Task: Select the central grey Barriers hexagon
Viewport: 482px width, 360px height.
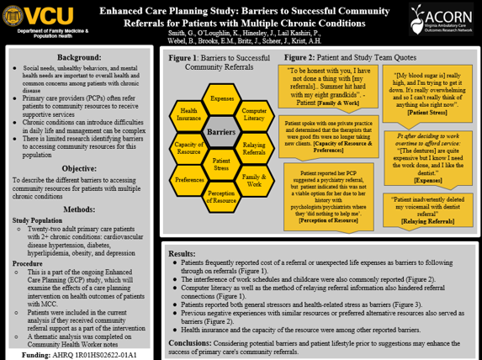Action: click(221, 133)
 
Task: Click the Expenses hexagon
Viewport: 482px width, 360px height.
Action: click(222, 99)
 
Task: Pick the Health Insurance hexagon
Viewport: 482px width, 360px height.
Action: click(189, 115)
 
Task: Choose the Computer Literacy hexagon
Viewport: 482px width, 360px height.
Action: click(254, 115)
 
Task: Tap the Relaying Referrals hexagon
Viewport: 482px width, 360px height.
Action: click(254, 148)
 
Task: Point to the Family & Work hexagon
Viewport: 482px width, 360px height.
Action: click(254, 181)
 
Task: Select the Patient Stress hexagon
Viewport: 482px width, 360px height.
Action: click(222, 165)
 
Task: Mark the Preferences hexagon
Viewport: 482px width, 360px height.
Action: click(189, 181)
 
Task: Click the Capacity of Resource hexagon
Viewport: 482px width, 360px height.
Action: click(189, 148)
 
